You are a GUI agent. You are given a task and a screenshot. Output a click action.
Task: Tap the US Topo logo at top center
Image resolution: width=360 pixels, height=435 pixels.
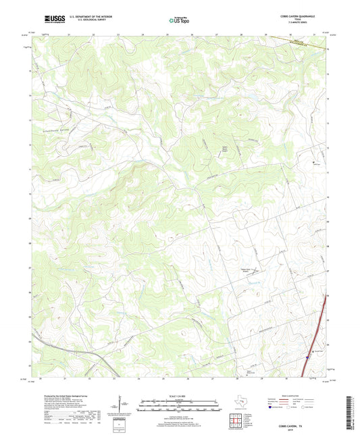(x=174, y=22)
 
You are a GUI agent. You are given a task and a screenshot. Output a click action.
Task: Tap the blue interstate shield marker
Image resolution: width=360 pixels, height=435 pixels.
(x=308, y=356)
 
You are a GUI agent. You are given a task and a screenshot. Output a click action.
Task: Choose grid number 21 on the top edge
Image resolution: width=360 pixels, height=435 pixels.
(x=68, y=33)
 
